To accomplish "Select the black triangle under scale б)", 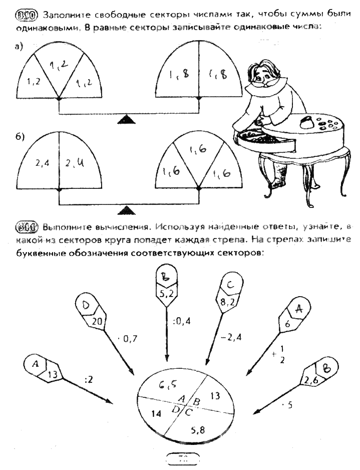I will (129, 209).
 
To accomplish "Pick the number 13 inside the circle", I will (215, 396).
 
